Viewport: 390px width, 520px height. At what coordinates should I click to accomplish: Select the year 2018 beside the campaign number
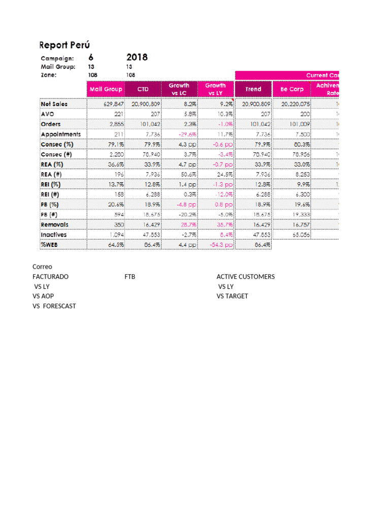(137, 57)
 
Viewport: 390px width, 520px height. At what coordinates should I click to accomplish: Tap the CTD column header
(143, 89)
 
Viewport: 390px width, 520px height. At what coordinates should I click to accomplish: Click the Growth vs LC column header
(179, 89)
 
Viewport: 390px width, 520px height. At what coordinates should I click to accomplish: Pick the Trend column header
(253, 89)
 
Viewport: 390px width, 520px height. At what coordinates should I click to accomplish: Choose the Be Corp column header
(291, 89)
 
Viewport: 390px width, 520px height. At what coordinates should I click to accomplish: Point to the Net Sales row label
(54, 104)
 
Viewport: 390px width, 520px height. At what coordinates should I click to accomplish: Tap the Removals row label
(54, 224)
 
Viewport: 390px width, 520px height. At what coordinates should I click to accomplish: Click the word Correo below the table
(42, 267)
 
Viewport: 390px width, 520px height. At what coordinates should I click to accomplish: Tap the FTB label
(129, 277)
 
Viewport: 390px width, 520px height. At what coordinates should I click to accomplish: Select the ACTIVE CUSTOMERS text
(245, 277)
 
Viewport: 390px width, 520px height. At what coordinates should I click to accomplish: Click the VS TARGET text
(232, 296)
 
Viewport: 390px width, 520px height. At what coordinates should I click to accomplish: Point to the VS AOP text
(43, 296)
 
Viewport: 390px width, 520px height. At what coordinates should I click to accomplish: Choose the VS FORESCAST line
(54, 306)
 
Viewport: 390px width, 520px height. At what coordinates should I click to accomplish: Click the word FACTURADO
(50, 277)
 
